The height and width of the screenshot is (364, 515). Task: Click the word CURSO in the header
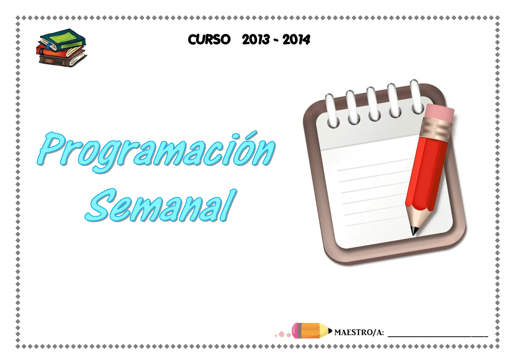pyautogui.click(x=209, y=40)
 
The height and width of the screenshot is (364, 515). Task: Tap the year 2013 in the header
pyautogui.click(x=256, y=40)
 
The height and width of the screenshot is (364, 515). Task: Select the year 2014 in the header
pyautogui.click(x=296, y=40)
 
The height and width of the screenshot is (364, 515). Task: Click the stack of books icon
pyautogui.click(x=61, y=48)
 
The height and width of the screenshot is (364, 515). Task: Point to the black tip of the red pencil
pyautogui.click(x=414, y=230)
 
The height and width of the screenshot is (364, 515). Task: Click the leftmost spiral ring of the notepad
pyautogui.click(x=332, y=111)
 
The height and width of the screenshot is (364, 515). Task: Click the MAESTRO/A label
pyautogui.click(x=359, y=332)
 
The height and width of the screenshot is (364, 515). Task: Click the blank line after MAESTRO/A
pyautogui.click(x=438, y=335)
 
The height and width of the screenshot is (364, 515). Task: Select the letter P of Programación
pyautogui.click(x=51, y=148)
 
